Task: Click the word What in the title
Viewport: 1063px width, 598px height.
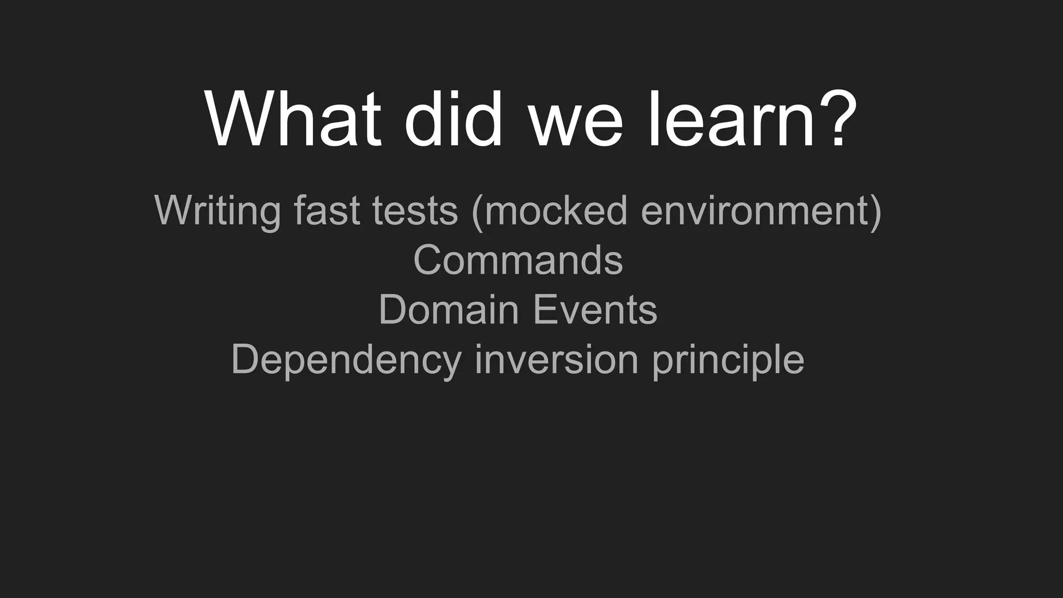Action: (x=293, y=120)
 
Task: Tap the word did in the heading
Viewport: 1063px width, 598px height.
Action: (x=453, y=120)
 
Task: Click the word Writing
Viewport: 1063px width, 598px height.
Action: (x=217, y=211)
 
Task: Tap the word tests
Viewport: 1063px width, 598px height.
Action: (x=415, y=211)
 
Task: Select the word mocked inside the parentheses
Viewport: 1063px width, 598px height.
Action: (x=556, y=210)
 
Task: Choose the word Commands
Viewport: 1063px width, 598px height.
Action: (x=517, y=260)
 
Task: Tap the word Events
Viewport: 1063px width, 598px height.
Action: (x=595, y=310)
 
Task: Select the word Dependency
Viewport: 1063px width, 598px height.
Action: (x=346, y=360)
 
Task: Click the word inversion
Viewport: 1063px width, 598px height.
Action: (x=556, y=359)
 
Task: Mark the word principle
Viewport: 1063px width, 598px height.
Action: (x=728, y=360)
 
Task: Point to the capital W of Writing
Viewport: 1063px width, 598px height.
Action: (x=174, y=210)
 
